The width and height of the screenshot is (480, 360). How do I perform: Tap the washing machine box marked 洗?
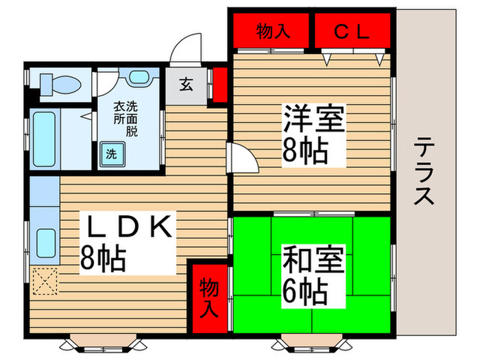[x=110, y=154]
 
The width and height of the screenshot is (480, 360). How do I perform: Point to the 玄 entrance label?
[x=186, y=85]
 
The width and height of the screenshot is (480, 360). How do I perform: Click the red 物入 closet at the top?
[x=270, y=31]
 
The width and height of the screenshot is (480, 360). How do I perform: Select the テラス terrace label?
[x=425, y=171]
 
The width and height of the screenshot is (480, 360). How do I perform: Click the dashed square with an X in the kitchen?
[x=45, y=280]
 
